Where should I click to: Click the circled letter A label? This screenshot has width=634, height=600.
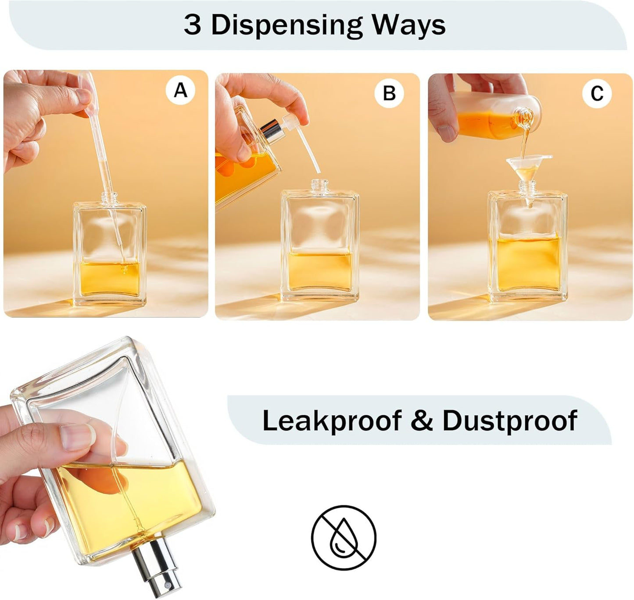coord(180,90)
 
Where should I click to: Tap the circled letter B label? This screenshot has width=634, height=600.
coord(389,93)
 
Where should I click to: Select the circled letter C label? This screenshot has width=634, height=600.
coord(597,93)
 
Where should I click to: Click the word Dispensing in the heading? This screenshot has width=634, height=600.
coord(287,26)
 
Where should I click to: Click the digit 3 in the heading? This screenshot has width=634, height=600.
coord(193,25)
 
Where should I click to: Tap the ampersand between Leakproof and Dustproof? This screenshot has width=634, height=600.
coord(422,420)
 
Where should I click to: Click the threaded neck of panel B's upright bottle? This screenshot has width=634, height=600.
coord(320,185)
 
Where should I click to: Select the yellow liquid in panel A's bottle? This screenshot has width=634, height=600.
coord(110,278)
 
